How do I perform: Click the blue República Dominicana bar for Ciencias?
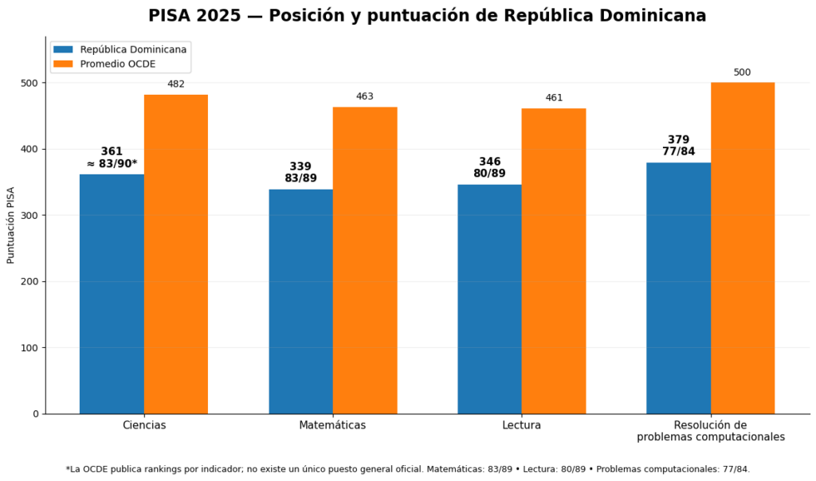point(112,294)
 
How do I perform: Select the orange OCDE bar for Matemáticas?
point(365,260)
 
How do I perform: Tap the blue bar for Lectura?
point(490,299)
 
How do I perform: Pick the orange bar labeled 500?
point(743,248)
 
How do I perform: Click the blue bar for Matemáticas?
point(300,302)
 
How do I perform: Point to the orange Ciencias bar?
point(176,254)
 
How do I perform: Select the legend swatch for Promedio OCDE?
point(64,64)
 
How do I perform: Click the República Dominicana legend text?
point(133,49)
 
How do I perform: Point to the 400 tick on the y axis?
point(44,149)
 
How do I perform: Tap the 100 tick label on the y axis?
point(29,348)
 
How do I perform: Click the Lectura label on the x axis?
point(521,425)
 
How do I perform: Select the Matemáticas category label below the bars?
point(332,425)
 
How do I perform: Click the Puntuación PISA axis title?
point(10,225)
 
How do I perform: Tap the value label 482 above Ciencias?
point(176,84)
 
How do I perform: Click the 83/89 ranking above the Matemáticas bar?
point(300,178)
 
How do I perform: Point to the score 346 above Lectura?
point(490,162)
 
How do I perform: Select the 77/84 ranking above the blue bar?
point(679,152)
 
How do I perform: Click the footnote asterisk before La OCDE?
point(68,468)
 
